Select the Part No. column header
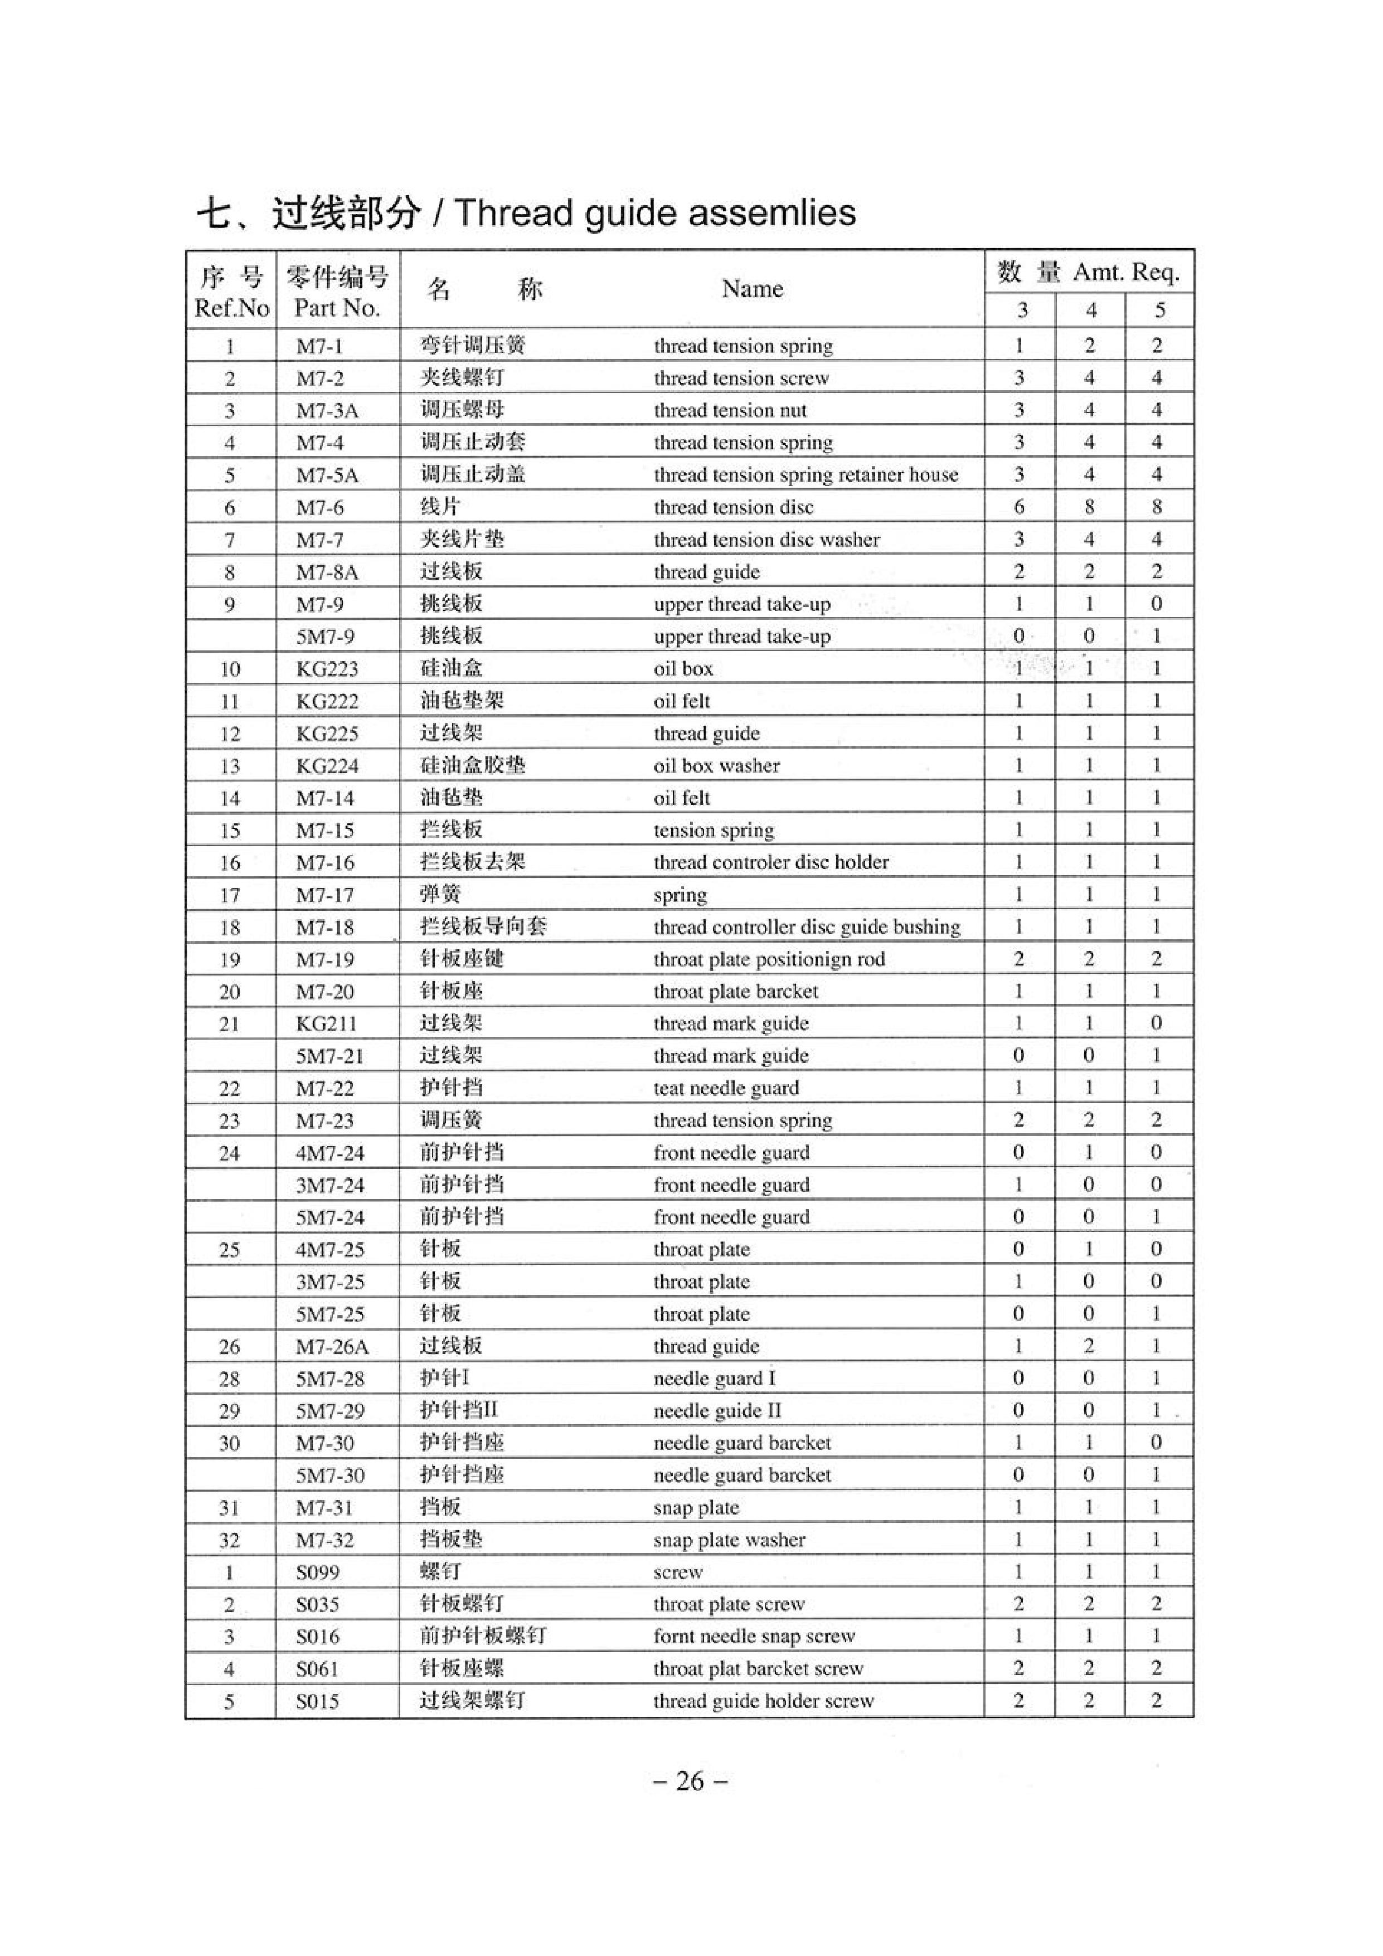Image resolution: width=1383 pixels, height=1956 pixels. point(337,308)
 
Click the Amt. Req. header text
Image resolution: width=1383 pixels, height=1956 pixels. point(1125,272)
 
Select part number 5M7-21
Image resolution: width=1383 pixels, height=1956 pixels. point(330,1056)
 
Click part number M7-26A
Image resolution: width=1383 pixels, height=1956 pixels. point(332,1346)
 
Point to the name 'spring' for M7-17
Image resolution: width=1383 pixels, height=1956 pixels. point(680,895)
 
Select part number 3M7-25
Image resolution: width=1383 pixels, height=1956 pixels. point(330,1282)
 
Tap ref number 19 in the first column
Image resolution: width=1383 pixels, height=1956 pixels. point(230,959)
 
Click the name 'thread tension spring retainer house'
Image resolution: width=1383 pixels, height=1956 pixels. point(805,474)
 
